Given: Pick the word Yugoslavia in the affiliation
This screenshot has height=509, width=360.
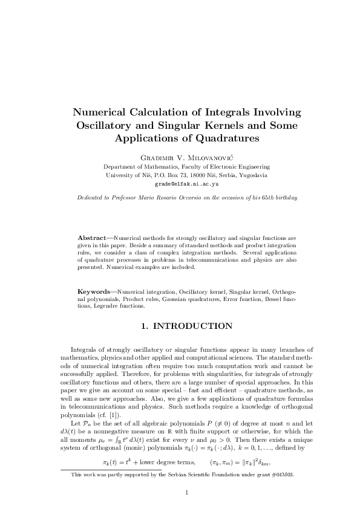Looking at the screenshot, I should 253,174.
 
